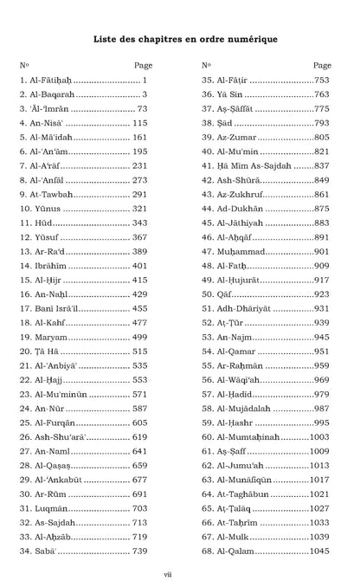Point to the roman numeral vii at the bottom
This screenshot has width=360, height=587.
point(179,572)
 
